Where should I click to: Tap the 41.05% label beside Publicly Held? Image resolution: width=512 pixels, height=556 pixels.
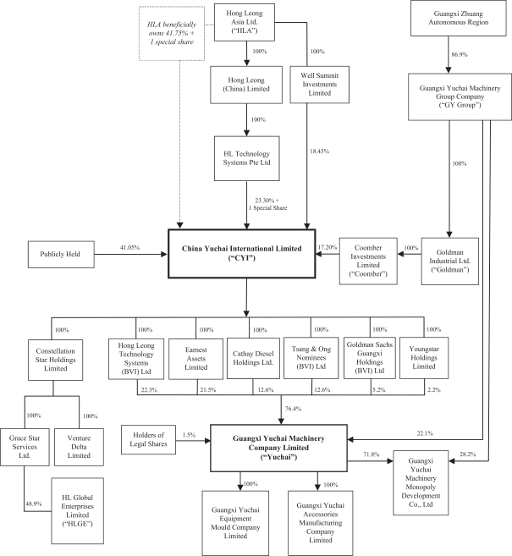(129, 247)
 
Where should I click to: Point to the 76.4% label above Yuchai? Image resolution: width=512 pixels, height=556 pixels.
(294, 410)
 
